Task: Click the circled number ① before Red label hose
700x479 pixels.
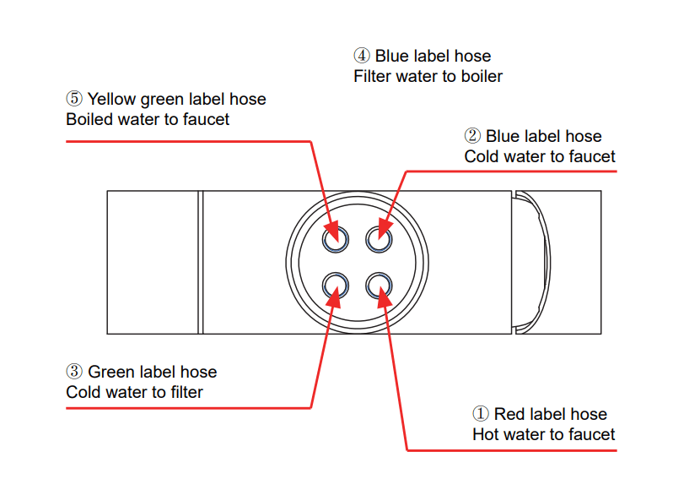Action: click(x=481, y=414)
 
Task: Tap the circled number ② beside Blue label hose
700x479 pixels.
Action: click(x=472, y=136)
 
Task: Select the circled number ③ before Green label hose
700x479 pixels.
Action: click(x=74, y=372)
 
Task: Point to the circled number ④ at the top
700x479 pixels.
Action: click(x=362, y=56)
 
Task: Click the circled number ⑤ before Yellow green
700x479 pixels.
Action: click(x=74, y=99)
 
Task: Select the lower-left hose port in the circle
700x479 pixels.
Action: click(x=336, y=285)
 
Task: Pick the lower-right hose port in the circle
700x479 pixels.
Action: click(x=379, y=285)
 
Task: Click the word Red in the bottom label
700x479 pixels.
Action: click(x=509, y=414)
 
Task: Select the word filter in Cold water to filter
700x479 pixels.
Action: click(x=184, y=392)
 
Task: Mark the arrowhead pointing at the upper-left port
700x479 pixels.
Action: click(x=331, y=230)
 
